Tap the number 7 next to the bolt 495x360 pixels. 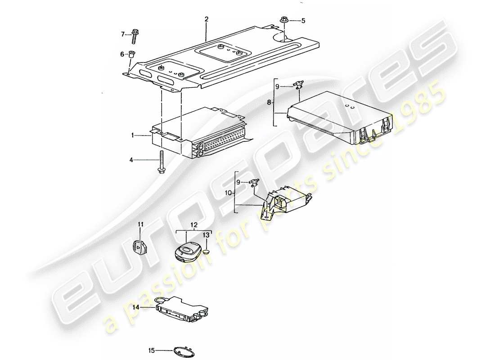point(123,34)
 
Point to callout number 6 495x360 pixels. point(122,54)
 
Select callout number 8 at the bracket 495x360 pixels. point(269,103)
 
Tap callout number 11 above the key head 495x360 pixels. point(140,224)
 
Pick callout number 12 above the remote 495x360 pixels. point(194,224)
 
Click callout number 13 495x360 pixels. point(206,235)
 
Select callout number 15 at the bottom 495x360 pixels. point(152,350)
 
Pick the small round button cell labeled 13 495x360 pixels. point(206,252)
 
